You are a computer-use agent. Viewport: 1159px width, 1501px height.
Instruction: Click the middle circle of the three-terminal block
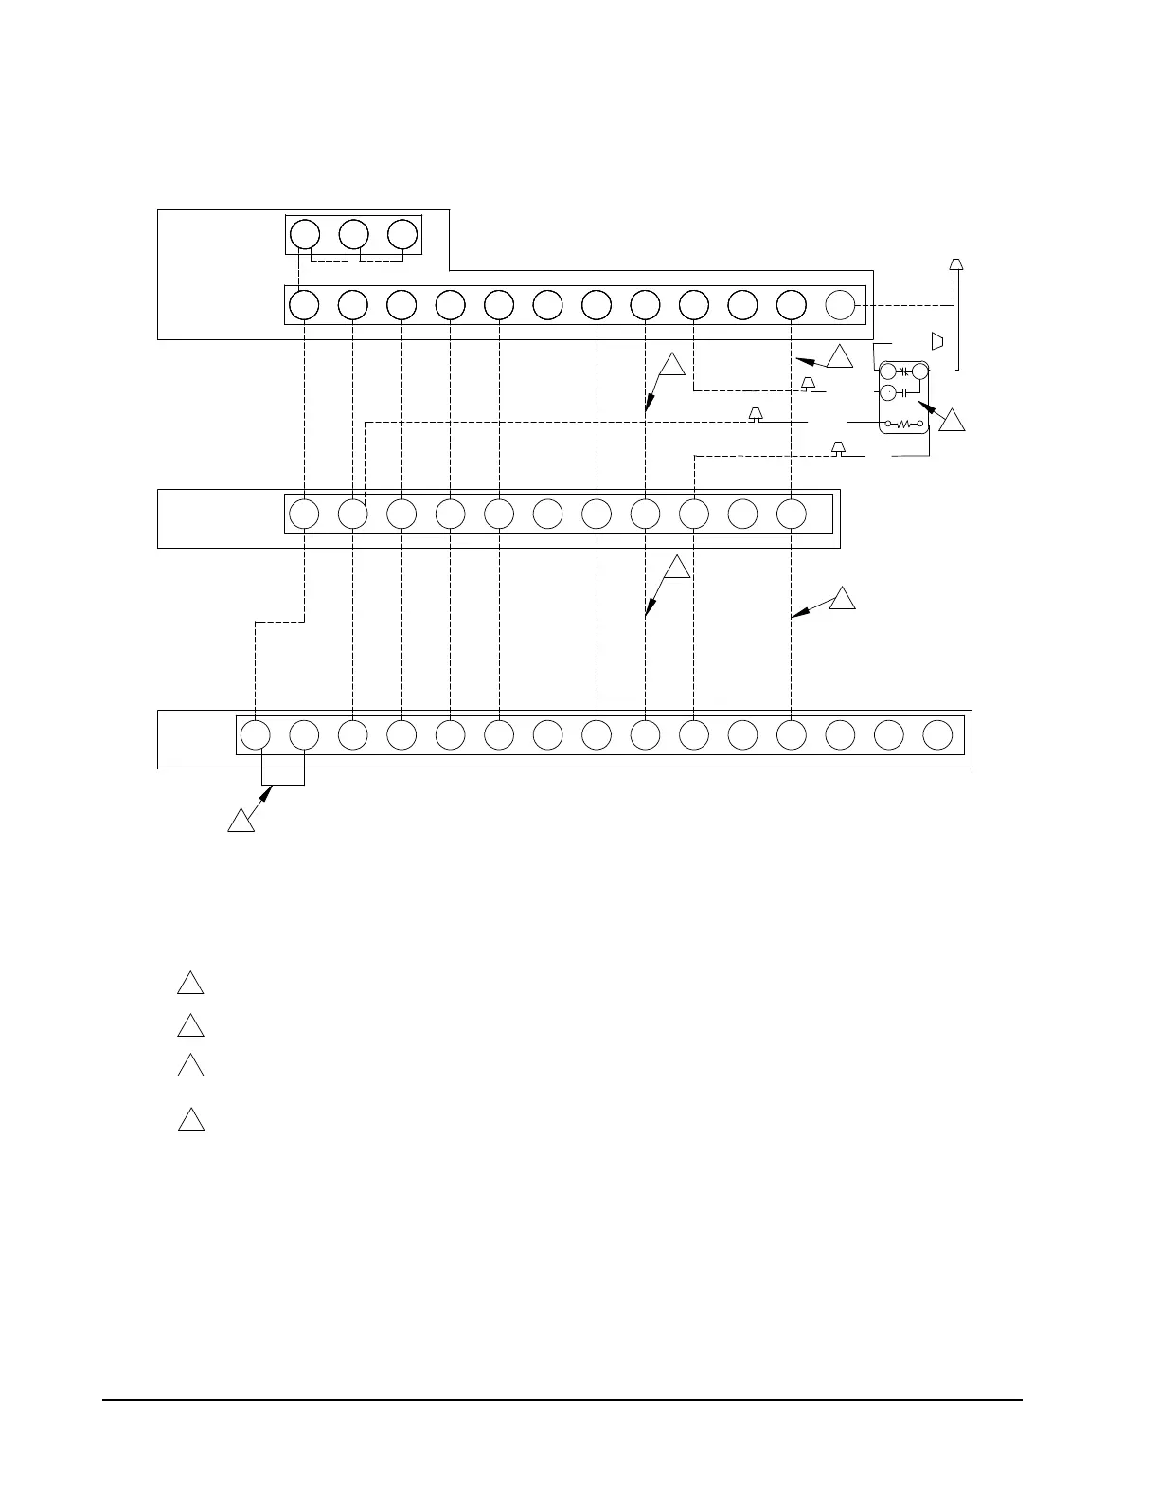[353, 234]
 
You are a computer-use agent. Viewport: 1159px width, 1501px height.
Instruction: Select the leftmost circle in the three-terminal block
[304, 234]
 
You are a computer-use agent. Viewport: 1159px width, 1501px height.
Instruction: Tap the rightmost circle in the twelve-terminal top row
[840, 305]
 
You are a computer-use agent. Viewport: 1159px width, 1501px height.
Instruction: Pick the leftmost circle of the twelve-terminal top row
[304, 305]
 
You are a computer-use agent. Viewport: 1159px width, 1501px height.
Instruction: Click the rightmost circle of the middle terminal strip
[792, 514]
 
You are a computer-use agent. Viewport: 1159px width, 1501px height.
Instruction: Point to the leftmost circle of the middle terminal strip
[304, 514]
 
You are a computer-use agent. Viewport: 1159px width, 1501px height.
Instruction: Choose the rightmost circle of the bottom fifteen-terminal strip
[937, 735]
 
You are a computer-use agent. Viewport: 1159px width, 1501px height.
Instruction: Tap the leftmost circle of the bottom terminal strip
[255, 735]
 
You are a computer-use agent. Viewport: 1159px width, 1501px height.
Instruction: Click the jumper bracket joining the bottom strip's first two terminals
[280, 783]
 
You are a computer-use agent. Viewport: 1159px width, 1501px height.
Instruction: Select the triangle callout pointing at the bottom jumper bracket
[241, 821]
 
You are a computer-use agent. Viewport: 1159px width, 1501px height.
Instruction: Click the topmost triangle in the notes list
[190, 983]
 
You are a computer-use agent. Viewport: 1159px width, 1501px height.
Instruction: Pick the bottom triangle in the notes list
[190, 1120]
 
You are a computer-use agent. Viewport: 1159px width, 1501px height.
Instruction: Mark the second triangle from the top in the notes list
[190, 1026]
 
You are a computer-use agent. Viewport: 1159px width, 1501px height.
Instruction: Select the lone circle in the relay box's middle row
[888, 392]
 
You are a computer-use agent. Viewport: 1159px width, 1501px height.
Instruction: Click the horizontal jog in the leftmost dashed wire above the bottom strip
[280, 622]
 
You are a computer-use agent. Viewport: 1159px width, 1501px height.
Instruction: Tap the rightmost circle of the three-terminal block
[402, 234]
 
